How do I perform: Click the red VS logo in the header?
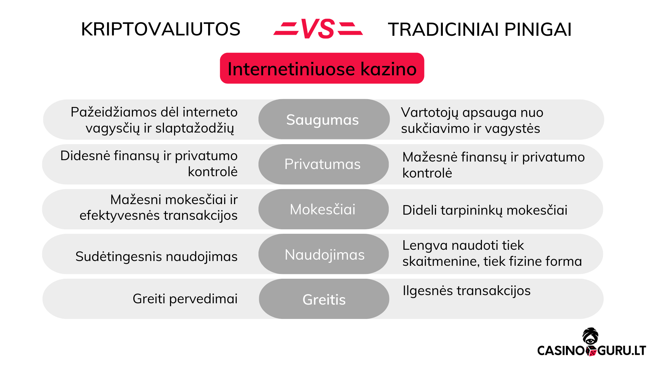point(318,29)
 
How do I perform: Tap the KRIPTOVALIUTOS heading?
point(161,29)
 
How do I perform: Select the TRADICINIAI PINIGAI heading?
point(480,29)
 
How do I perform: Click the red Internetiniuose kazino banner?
point(322,68)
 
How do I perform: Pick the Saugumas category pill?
point(322,120)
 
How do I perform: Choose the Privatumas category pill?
point(322,164)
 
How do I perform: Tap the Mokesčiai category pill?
point(322,209)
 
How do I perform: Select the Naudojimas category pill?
point(324,255)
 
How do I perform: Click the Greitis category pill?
point(324,300)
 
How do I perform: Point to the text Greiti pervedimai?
point(185,299)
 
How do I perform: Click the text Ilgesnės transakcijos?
point(466,291)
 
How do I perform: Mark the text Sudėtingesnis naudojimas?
point(156,257)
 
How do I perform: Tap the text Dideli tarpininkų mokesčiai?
point(485,210)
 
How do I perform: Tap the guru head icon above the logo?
point(590,336)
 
